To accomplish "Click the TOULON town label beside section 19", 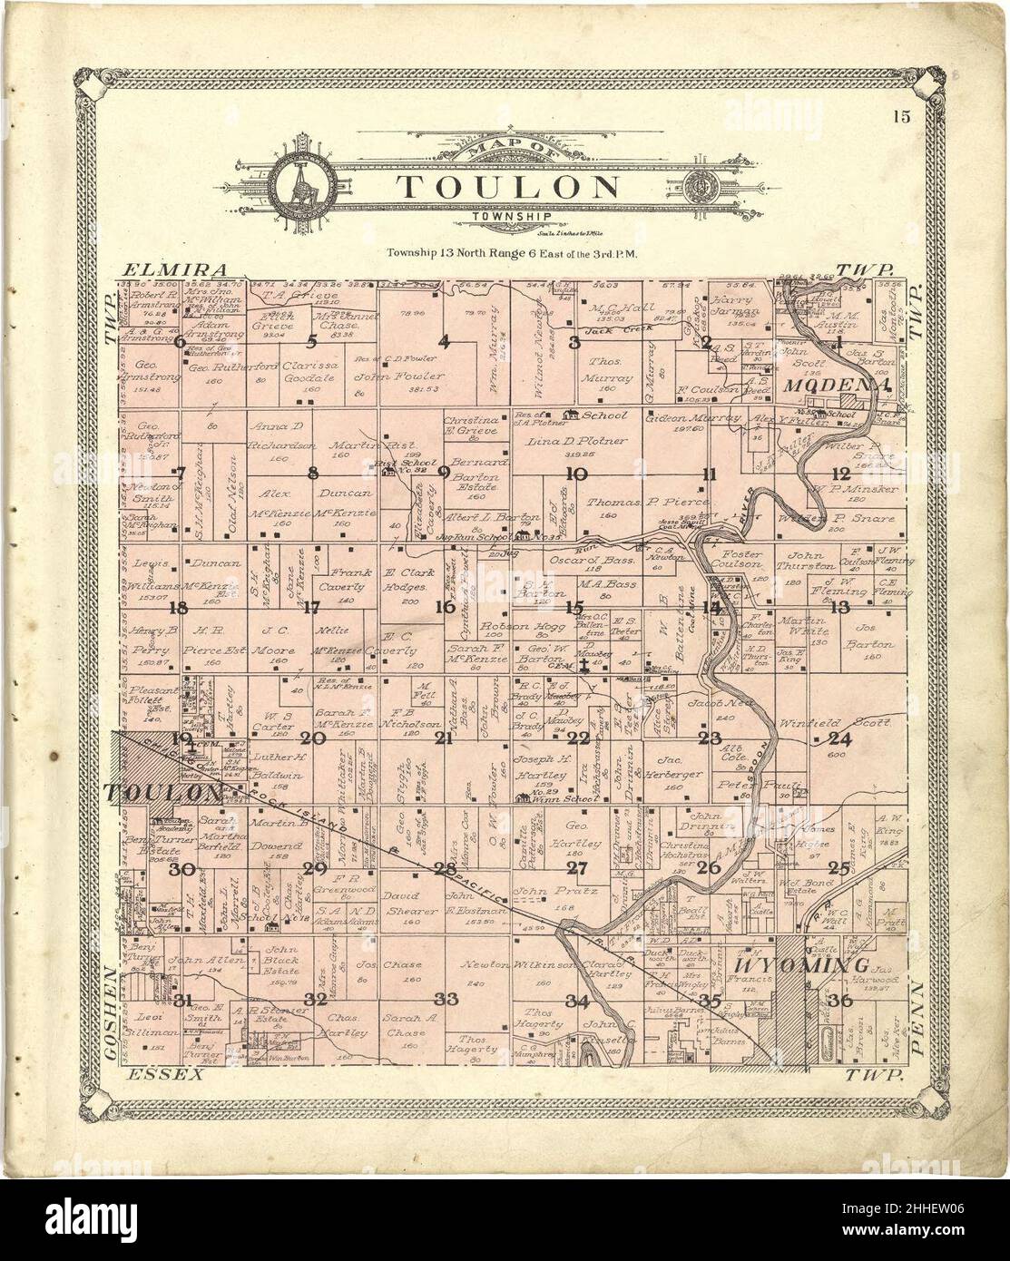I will pos(163,793).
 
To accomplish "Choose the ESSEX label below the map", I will pos(163,1074).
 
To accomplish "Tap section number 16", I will pos(444,607).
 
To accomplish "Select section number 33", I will pos(446,999).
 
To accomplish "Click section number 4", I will pos(444,342).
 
